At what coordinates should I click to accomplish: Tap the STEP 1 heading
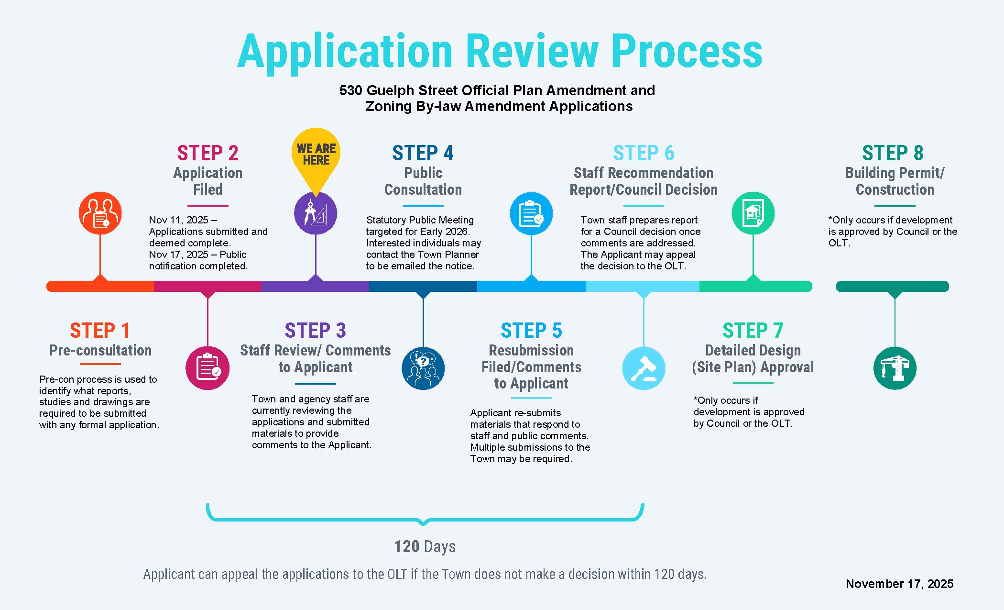tap(100, 331)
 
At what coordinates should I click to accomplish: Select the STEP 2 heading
tap(207, 154)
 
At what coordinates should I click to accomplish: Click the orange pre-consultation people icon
tap(100, 213)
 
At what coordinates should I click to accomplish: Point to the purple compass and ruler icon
tap(316, 213)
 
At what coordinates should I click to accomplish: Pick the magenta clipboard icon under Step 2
tap(207, 368)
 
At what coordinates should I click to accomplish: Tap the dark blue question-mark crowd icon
tap(423, 368)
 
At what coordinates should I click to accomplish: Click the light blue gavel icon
tap(644, 368)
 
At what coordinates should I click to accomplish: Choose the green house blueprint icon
tap(753, 213)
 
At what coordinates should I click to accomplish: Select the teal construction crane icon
tap(895, 368)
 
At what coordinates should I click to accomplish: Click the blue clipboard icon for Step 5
tap(531, 213)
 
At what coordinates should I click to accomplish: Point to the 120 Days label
tap(425, 546)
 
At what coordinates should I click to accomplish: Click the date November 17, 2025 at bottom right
tap(899, 584)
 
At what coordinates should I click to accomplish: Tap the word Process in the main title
tap(687, 52)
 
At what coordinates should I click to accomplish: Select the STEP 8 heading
tap(893, 154)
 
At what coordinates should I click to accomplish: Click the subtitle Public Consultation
tap(423, 181)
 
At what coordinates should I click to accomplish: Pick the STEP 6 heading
tap(644, 154)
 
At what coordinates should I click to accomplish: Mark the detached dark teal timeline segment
tap(892, 287)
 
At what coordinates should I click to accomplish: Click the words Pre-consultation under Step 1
tap(100, 350)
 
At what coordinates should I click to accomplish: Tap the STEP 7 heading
tap(753, 331)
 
